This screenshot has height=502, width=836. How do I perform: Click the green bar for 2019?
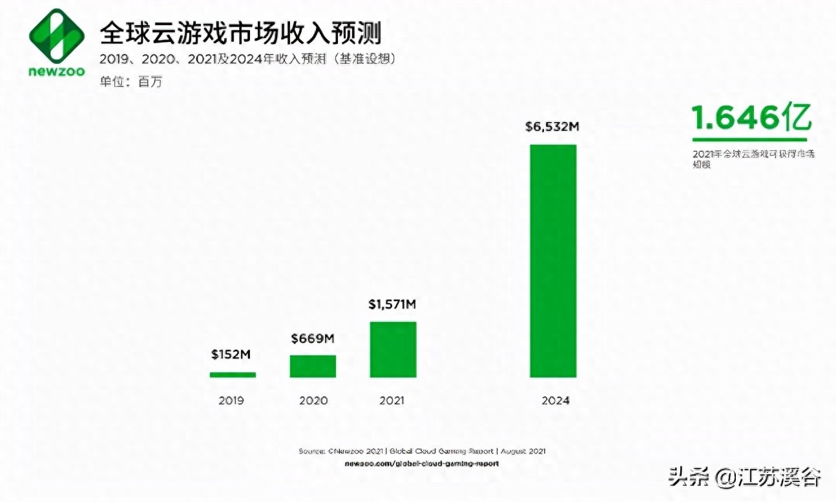pyautogui.click(x=233, y=374)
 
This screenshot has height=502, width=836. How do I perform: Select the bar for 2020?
pyautogui.click(x=313, y=366)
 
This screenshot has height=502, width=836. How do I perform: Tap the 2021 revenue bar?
pyautogui.click(x=393, y=349)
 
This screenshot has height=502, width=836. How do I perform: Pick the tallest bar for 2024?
pyautogui.click(x=552, y=261)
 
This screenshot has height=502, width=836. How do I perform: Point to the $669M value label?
pyautogui.click(x=313, y=337)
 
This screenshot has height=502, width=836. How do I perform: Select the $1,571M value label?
pyautogui.click(x=392, y=304)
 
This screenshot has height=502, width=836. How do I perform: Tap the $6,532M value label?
pyautogui.click(x=552, y=127)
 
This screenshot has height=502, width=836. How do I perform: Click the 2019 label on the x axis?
pyautogui.click(x=231, y=401)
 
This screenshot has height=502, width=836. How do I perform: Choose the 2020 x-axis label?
pyautogui.click(x=313, y=401)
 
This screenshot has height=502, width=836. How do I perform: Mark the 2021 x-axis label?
pyautogui.click(x=392, y=401)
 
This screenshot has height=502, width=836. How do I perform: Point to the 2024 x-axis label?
pyautogui.click(x=556, y=401)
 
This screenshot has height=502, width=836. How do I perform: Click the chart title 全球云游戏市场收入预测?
pyautogui.click(x=239, y=32)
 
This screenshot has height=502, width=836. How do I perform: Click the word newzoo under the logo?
pyautogui.click(x=57, y=70)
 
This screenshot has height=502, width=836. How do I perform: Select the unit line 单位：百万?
pyautogui.click(x=127, y=82)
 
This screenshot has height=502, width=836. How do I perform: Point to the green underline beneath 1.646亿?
pyautogui.click(x=749, y=139)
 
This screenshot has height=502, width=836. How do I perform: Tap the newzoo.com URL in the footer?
pyautogui.click(x=422, y=463)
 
